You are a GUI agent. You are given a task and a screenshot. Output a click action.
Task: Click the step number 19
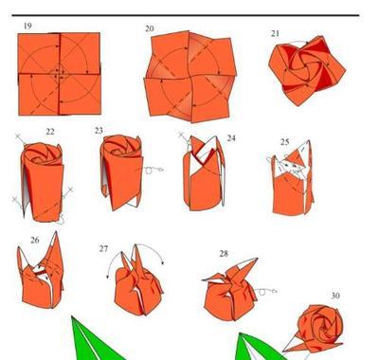coord(27,26)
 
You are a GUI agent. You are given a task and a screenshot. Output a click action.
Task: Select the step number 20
coord(150,28)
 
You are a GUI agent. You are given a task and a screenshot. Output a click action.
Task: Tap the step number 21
coord(275,33)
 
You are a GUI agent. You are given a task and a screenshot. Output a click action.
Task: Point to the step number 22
coord(50,132)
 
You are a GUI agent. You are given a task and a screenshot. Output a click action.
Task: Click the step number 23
coord(99,131)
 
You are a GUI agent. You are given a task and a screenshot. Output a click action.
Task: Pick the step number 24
coord(231,138)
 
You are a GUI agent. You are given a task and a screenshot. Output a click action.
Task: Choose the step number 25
coord(284,142)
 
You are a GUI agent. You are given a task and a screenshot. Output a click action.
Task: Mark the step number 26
coord(35,240)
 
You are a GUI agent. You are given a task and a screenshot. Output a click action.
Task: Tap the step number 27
coord(103,249)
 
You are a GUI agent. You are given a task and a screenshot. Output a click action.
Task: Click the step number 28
coord(224,254)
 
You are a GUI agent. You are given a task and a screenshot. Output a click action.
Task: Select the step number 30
coord(335,296)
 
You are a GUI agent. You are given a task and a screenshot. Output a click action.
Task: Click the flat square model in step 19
coord(60,74)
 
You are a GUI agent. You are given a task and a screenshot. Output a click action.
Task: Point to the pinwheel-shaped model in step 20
coord(190,77)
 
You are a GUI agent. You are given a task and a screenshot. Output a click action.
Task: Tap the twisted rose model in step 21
coord(307,70)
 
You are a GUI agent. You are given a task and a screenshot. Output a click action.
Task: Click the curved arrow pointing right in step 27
coord(152,248)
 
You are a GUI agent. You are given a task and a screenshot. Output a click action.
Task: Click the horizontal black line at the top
coord(186,15)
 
